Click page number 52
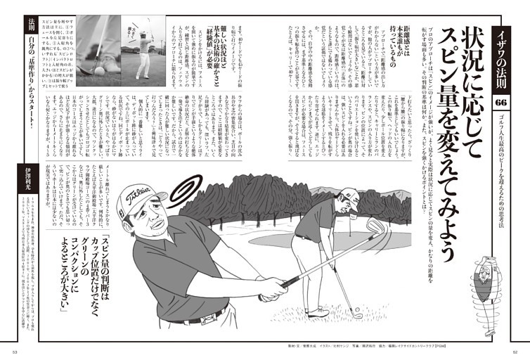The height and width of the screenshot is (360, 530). tap(515, 353)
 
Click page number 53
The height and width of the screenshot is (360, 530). tap(15, 353)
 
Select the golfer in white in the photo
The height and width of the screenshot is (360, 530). tap(144, 53)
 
